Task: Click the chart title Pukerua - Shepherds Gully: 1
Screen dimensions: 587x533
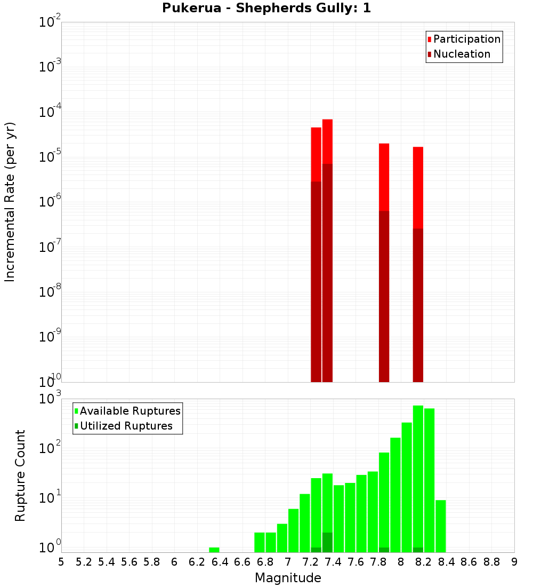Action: (266, 9)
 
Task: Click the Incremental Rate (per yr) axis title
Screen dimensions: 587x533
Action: (10, 202)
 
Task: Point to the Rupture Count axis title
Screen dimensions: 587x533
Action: (20, 475)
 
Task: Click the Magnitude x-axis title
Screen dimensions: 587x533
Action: (288, 578)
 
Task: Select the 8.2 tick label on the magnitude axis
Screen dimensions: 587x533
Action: (424, 562)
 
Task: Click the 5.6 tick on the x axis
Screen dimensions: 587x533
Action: (130, 562)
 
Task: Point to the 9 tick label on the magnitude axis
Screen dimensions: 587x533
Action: (514, 562)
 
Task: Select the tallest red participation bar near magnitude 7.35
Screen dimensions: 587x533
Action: (327, 141)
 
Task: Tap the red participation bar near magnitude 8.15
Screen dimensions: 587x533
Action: (418, 187)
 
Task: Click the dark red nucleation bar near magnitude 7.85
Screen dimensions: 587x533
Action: (384, 296)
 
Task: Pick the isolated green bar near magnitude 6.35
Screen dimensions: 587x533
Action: (214, 550)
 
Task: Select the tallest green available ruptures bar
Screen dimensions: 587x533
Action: (418, 475)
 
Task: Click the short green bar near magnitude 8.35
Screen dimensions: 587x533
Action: (441, 526)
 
